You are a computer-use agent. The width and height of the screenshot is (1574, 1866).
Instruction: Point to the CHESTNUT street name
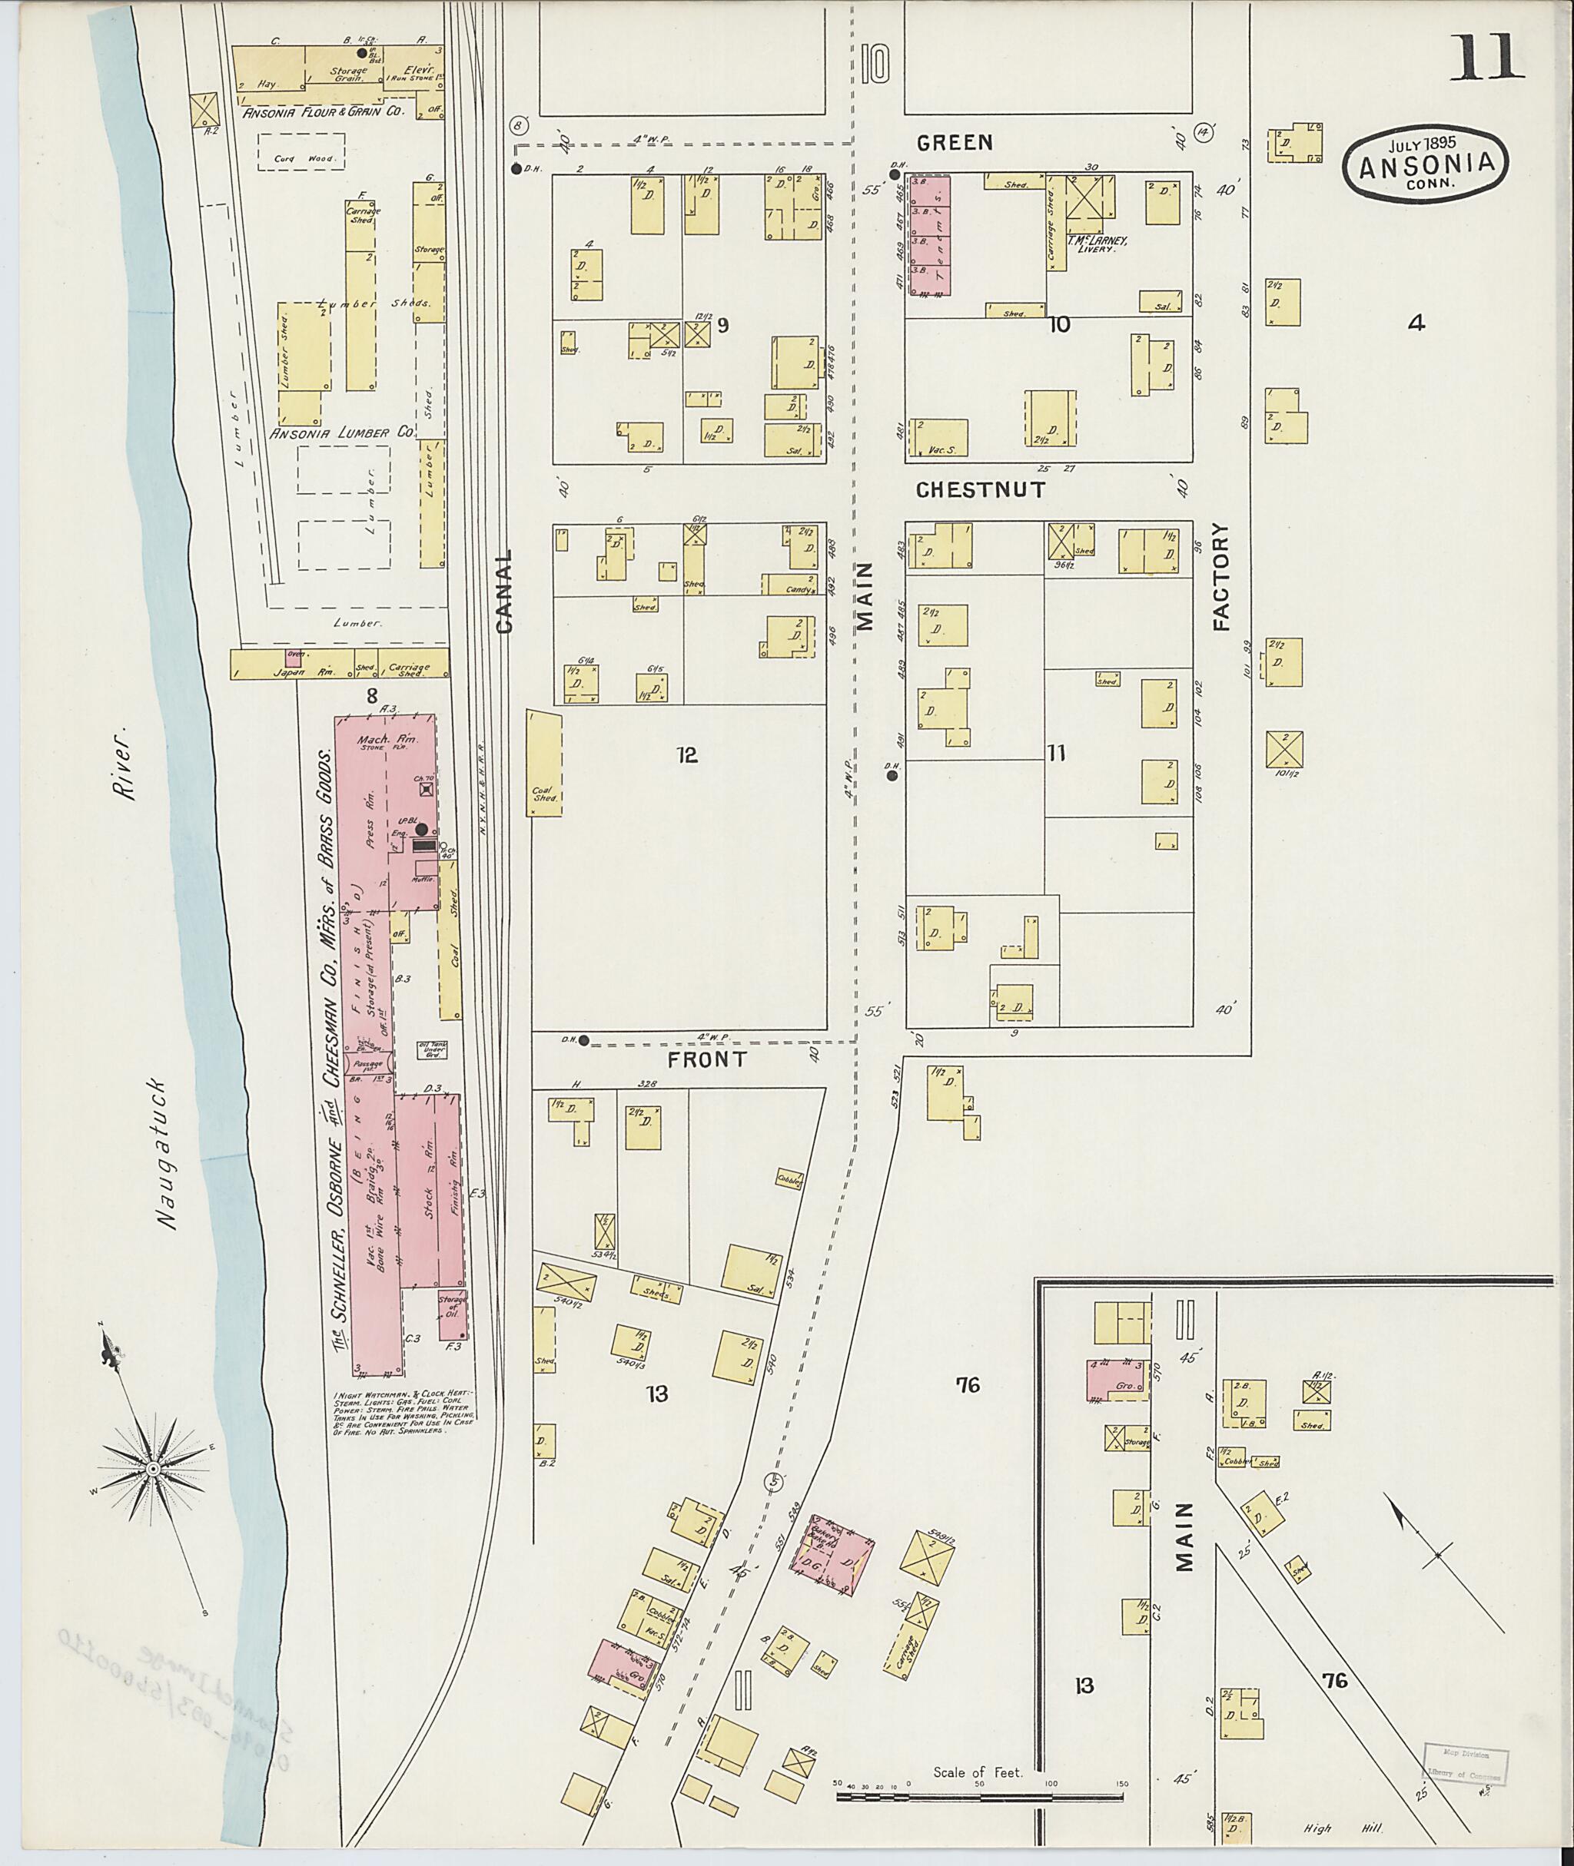(981, 489)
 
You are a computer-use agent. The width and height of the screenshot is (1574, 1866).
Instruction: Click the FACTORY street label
(1220, 576)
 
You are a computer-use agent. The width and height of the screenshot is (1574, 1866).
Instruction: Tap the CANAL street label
(504, 591)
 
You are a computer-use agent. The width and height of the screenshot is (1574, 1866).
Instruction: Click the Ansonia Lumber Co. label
(342, 433)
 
